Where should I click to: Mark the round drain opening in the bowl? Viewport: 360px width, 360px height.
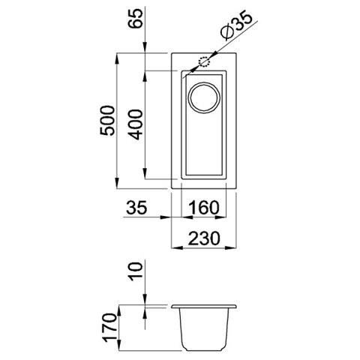(x=203, y=97)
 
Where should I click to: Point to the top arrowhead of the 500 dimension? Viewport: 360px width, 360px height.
(x=118, y=58)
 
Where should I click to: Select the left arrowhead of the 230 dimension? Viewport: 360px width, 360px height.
(x=175, y=248)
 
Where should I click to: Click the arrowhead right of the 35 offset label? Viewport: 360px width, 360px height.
(x=169, y=218)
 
